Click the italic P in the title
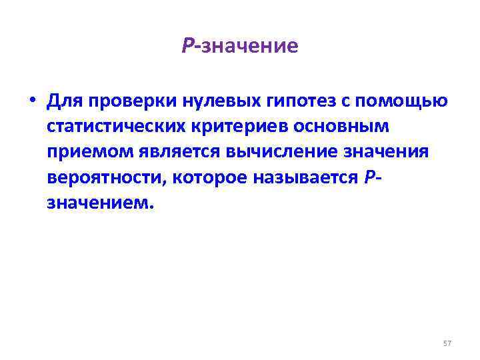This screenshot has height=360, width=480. (x=187, y=46)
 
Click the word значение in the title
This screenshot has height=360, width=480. (x=249, y=46)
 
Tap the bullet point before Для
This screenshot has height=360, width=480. (x=31, y=101)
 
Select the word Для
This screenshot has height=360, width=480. (x=65, y=101)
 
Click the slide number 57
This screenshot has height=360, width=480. (x=447, y=343)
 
